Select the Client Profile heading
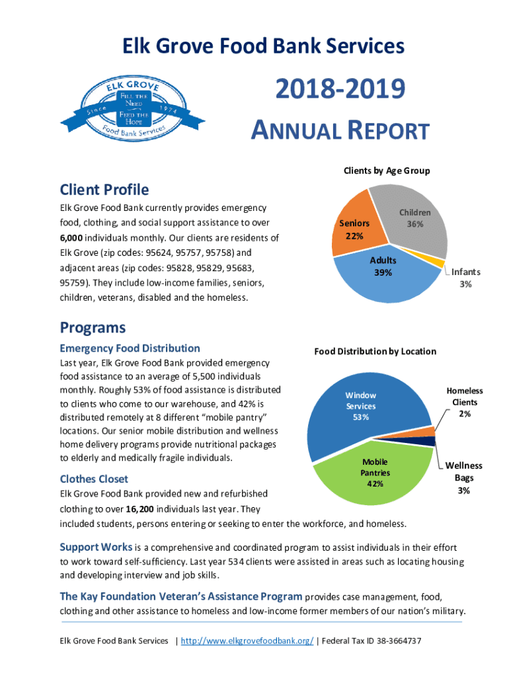click(104, 190)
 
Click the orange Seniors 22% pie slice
click(350, 225)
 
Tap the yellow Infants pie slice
click(440, 263)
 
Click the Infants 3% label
click(466, 278)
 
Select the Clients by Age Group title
click(386, 171)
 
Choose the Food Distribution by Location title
click(374, 351)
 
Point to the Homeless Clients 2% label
click(465, 402)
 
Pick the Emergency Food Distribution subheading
click(130, 348)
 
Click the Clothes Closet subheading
click(94, 479)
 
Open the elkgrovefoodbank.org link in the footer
click(247, 641)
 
